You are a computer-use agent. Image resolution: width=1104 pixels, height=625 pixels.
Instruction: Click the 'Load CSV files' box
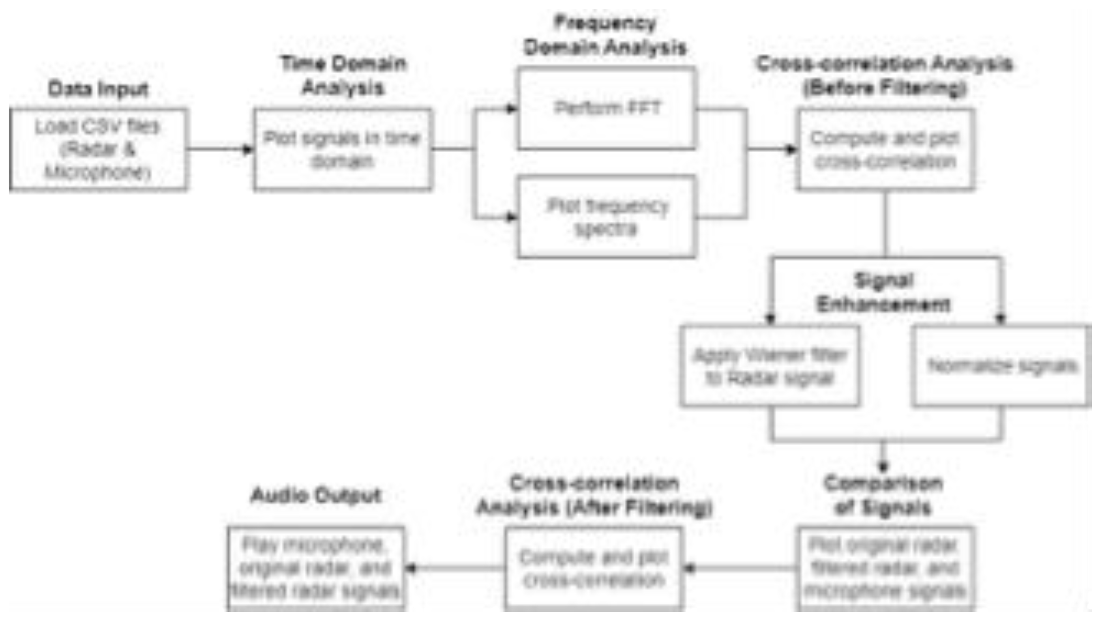98,149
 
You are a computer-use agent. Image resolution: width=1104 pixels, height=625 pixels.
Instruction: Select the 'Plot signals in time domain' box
342,149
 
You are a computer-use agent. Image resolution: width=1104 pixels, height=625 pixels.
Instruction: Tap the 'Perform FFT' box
606,108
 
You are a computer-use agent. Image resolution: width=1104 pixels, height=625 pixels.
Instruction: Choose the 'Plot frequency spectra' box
606,217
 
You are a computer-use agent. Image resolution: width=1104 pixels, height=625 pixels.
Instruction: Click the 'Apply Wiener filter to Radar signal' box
770,366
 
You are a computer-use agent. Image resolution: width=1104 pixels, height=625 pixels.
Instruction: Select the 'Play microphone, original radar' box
316,568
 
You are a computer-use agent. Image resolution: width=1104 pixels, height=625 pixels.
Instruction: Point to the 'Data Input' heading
98,89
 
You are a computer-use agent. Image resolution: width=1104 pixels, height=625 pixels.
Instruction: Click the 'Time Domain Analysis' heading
343,75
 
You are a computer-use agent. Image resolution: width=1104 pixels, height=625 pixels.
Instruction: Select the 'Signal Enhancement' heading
884,292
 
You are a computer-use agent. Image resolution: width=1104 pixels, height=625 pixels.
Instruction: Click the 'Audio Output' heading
316,495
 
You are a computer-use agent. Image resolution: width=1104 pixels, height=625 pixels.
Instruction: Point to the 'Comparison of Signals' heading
883,495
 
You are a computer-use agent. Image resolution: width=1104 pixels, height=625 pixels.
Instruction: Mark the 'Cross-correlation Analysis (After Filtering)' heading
594,495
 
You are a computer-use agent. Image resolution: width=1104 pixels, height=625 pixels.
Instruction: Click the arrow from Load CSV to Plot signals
219,150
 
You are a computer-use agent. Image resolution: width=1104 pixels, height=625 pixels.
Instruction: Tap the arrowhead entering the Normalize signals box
1001,318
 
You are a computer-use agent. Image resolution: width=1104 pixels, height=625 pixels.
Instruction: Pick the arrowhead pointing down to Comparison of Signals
883,466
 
